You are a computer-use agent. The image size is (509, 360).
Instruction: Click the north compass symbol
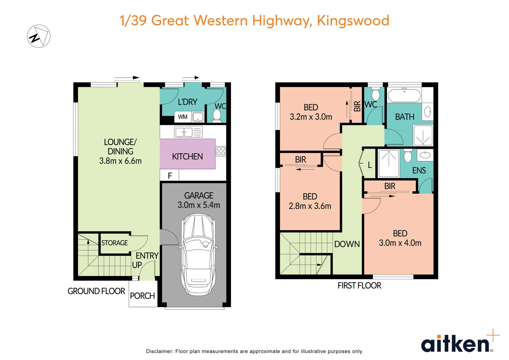coord(39,36)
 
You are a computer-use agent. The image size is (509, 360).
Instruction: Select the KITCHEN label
coord(187,156)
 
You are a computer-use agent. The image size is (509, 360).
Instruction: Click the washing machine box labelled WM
coord(183,117)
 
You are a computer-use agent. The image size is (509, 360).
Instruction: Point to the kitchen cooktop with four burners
coord(221,151)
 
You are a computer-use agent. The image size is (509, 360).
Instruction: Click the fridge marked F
coord(170,176)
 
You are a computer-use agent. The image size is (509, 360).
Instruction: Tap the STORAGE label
coord(114,243)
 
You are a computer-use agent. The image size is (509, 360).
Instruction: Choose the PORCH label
coord(142,296)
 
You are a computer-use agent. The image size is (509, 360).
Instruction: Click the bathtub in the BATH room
coord(404,96)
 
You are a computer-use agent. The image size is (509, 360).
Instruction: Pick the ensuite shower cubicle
coord(388,164)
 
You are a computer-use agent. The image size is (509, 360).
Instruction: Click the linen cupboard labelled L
coord(369,165)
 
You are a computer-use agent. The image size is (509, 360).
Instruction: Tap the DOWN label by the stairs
coord(347,244)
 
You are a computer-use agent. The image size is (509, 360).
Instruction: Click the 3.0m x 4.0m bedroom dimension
coord(400,243)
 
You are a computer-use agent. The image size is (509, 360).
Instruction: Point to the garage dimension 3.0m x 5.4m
coord(199,205)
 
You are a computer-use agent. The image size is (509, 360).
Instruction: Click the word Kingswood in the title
coord(353,20)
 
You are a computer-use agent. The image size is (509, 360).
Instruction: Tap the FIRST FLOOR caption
coord(359,286)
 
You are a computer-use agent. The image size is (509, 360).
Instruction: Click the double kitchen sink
coord(184,132)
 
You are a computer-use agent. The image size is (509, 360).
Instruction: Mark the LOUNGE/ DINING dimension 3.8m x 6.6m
coord(120,161)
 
